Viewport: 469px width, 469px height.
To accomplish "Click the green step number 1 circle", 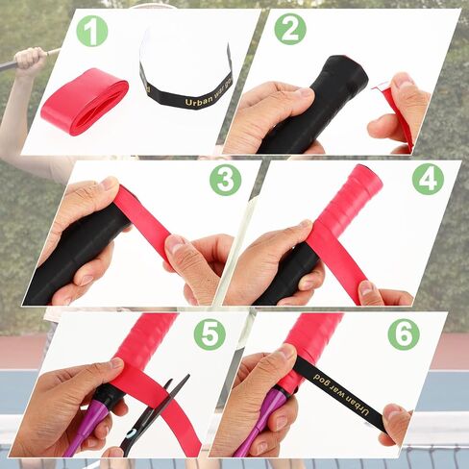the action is tap(92, 31).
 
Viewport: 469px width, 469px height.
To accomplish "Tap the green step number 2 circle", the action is tap(290, 29).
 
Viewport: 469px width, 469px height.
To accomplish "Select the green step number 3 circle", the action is tap(226, 180).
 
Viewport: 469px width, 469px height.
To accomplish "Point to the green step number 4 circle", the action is tap(428, 179).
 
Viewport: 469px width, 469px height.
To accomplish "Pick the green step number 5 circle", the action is tap(210, 334).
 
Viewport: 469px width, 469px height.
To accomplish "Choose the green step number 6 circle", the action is tap(404, 334).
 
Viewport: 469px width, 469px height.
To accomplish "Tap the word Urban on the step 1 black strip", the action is tap(199, 102).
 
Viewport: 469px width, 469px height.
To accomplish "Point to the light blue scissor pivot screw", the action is tap(132, 433).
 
